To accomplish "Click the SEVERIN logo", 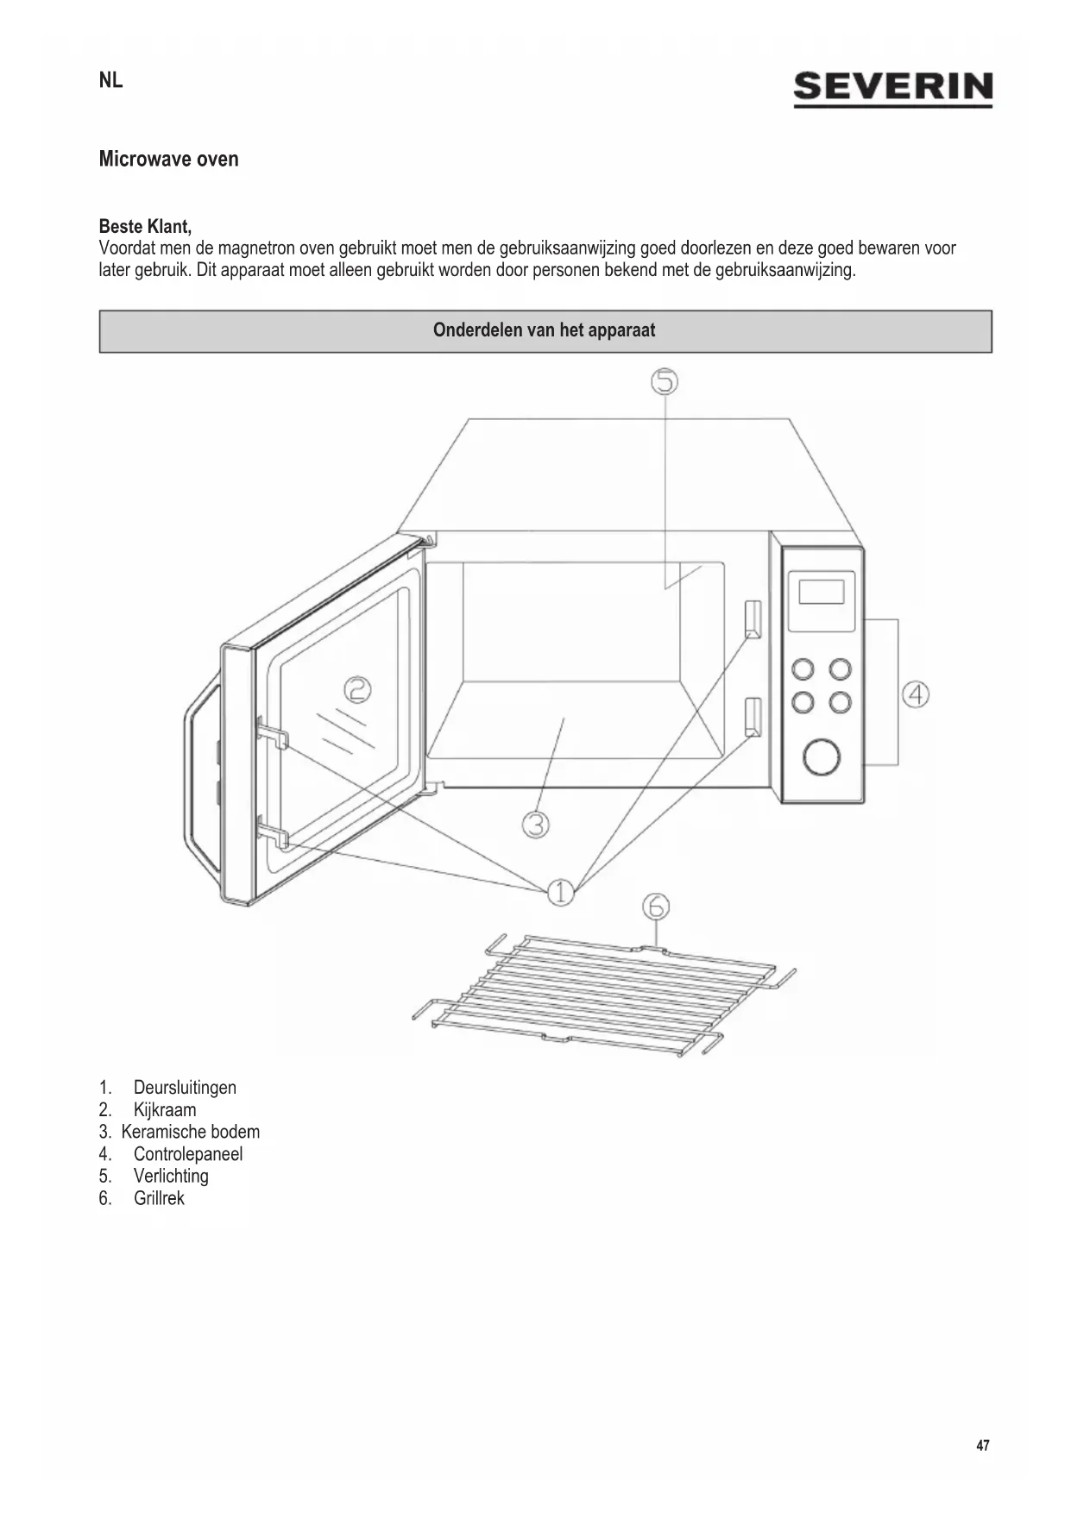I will pos(892,89).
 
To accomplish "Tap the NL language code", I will pos(110,81).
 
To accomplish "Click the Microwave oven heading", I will pos(168,160).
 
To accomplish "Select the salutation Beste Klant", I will pos(145,227).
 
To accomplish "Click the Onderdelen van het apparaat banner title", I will pos(544,331).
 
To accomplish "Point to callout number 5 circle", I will pos(664,381).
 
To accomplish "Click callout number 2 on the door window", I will pos(357,690).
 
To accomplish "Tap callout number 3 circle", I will pos(536,825).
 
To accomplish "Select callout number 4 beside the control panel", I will pos(916,694).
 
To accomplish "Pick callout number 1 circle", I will pos(560,892).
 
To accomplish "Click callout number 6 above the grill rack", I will pos(656,907).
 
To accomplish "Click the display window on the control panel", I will pos(821,593).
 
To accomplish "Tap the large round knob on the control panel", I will pos(821,756).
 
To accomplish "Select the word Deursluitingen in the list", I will pos(185,1088).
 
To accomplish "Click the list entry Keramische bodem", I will pos(190,1132).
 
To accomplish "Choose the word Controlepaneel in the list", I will pos(188,1154).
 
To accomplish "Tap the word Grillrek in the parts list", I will pos(159,1198).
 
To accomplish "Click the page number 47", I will pos(983,1446).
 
